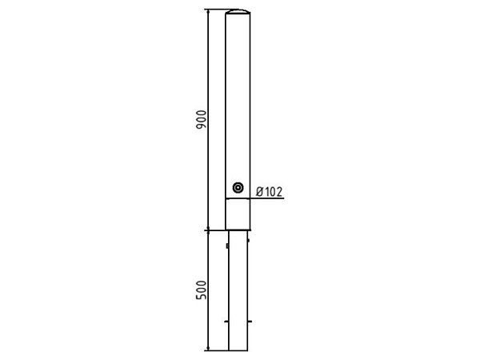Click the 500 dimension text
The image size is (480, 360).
point(201,290)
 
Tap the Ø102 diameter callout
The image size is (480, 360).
point(270,192)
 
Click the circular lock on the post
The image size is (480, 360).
point(238,188)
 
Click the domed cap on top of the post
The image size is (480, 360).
point(238,12)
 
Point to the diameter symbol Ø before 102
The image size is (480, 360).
point(259,192)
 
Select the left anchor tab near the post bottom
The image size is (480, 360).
point(226,322)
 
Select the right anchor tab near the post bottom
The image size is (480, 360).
point(250,322)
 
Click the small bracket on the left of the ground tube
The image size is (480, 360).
point(227,246)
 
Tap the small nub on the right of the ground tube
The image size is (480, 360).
point(248,240)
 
